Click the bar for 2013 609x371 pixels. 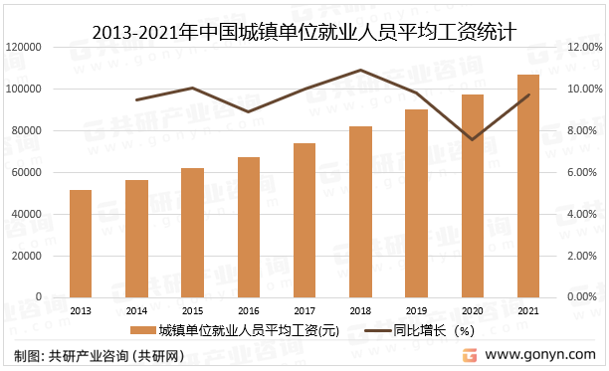81,244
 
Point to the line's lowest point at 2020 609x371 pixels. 473,139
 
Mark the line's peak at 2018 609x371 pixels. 360,70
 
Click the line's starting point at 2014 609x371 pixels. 136,99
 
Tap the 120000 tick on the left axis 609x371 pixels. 23,47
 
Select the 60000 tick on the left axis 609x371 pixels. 26,172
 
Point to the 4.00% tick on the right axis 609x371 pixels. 584,214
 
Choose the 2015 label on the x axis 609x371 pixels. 192,309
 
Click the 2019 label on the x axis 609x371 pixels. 416,309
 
